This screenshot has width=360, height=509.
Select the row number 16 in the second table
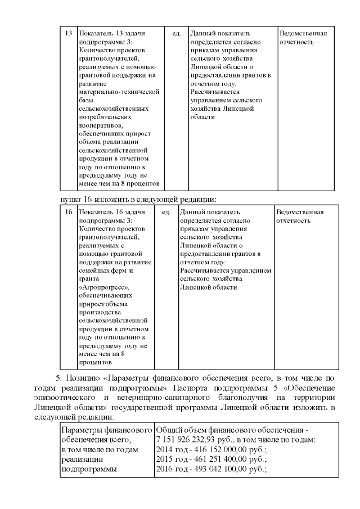[69, 212]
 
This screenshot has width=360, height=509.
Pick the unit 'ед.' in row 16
[166, 212]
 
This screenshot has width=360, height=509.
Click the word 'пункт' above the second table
[70, 199]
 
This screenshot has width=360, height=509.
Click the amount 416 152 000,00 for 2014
[221, 449]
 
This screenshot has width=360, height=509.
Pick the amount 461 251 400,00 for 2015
[221, 459]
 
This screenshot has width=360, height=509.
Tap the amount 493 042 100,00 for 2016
[221, 469]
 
